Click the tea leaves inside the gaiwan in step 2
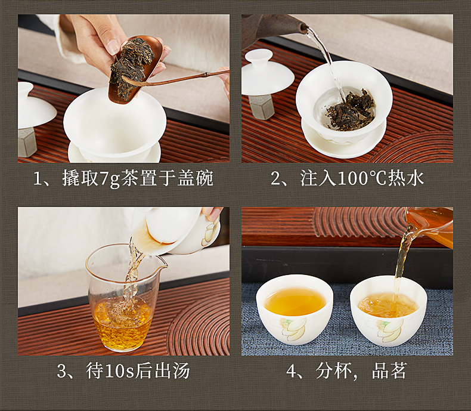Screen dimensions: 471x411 351,110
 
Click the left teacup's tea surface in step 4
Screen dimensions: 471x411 295,301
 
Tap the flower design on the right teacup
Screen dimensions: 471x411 386,330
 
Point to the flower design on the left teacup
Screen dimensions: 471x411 292,329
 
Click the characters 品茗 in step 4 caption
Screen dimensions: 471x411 389,371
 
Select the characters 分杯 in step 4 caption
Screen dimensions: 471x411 333,371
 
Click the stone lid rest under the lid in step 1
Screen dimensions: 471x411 27,141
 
